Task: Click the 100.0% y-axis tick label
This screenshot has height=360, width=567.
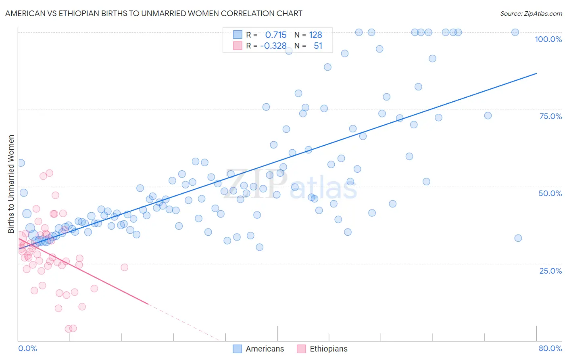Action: [x=548, y=39]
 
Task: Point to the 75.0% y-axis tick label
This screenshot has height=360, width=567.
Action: [x=550, y=116]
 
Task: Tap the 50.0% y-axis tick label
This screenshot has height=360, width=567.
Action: [x=550, y=193]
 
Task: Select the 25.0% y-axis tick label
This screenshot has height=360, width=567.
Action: [x=550, y=271]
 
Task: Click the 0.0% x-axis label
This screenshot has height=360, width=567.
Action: [x=27, y=348]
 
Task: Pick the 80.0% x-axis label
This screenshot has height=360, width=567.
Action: [x=550, y=348]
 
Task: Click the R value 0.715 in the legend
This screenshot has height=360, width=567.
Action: [x=276, y=35]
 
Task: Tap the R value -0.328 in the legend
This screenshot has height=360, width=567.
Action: [x=273, y=46]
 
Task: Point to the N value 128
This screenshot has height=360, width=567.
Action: [x=315, y=35]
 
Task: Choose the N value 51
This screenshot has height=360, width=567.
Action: [x=318, y=46]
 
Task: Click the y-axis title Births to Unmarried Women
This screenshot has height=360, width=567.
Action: [x=11, y=184]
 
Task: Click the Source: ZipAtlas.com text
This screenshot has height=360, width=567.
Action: [x=531, y=14]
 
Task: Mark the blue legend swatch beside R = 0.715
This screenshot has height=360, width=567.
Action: [x=238, y=35]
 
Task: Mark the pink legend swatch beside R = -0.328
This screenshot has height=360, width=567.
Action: [x=238, y=46]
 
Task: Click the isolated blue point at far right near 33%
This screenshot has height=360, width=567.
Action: [x=518, y=238]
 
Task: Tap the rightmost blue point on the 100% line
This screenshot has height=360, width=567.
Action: [x=515, y=32]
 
